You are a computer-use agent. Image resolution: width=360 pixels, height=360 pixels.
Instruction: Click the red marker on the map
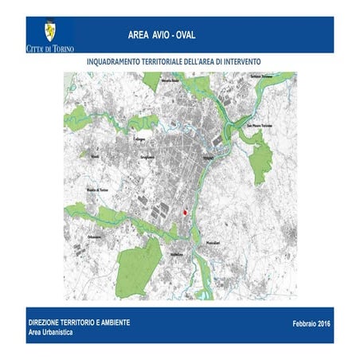(185, 213)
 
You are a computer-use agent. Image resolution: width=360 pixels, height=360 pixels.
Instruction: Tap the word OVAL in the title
(182, 36)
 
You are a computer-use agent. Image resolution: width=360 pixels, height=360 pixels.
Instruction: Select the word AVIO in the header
(155, 36)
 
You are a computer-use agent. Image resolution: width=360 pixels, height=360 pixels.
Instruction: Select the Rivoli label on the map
(95, 158)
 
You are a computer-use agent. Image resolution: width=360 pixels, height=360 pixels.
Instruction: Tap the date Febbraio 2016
(311, 324)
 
